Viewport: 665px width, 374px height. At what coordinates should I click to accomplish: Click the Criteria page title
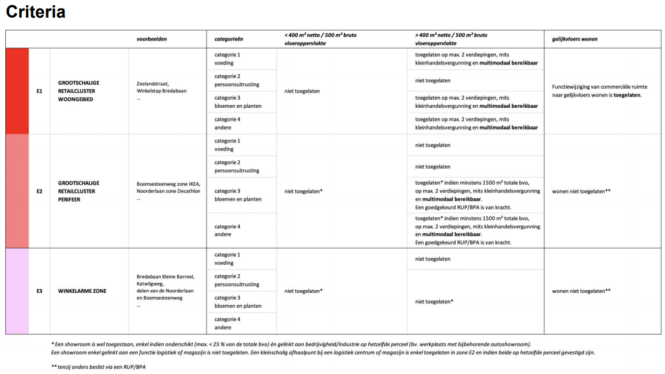click(x=35, y=12)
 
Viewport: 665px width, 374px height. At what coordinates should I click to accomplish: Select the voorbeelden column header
click(x=152, y=39)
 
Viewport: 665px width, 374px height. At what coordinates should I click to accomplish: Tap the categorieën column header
click(x=229, y=39)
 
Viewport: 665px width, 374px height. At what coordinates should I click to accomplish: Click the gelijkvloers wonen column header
click(x=574, y=39)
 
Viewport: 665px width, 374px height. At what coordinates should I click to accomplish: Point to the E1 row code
click(x=39, y=91)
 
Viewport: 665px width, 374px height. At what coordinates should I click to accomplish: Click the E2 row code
click(x=39, y=191)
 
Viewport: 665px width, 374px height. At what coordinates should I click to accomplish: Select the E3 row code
click(x=39, y=291)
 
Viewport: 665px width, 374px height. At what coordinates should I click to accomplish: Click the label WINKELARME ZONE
click(x=82, y=291)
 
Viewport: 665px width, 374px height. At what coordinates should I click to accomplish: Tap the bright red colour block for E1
click(x=17, y=91)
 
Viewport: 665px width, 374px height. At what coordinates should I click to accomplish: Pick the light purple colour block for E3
click(x=17, y=291)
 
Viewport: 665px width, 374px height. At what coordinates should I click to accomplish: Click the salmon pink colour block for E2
click(x=17, y=191)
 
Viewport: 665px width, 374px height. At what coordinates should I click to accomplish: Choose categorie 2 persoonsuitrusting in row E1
click(x=236, y=81)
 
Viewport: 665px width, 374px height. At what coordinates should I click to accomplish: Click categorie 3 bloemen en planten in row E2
click(x=237, y=195)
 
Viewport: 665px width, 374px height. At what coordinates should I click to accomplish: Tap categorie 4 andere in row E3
click(x=227, y=323)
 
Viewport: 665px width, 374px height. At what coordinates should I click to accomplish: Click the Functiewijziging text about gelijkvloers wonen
click(x=599, y=91)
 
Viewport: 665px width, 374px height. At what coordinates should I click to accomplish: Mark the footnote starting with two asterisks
click(x=98, y=367)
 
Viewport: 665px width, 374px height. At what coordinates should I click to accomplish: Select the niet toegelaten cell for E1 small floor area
click(x=302, y=91)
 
